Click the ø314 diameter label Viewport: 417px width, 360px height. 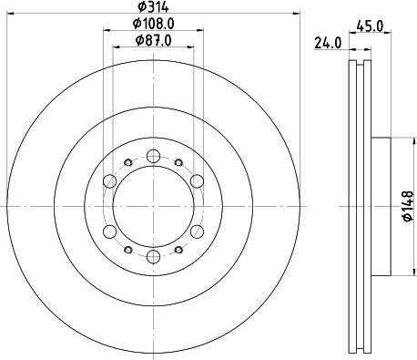pyautogui.click(x=153, y=6)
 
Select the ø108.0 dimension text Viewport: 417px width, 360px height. pyautogui.click(x=153, y=24)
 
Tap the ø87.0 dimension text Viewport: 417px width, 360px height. pyautogui.click(x=153, y=40)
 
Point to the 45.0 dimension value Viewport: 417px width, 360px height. pyautogui.click(x=370, y=26)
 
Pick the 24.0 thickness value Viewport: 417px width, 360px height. pyautogui.click(x=328, y=43)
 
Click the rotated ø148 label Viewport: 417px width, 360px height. pyautogui.click(x=408, y=206)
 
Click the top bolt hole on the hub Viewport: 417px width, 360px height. pyautogui.click(x=153, y=156)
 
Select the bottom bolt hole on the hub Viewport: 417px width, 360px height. pyautogui.click(x=153, y=257)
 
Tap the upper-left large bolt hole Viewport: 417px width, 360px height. pyautogui.click(x=110, y=181)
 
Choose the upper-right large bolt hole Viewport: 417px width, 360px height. pyautogui.click(x=197, y=181)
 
